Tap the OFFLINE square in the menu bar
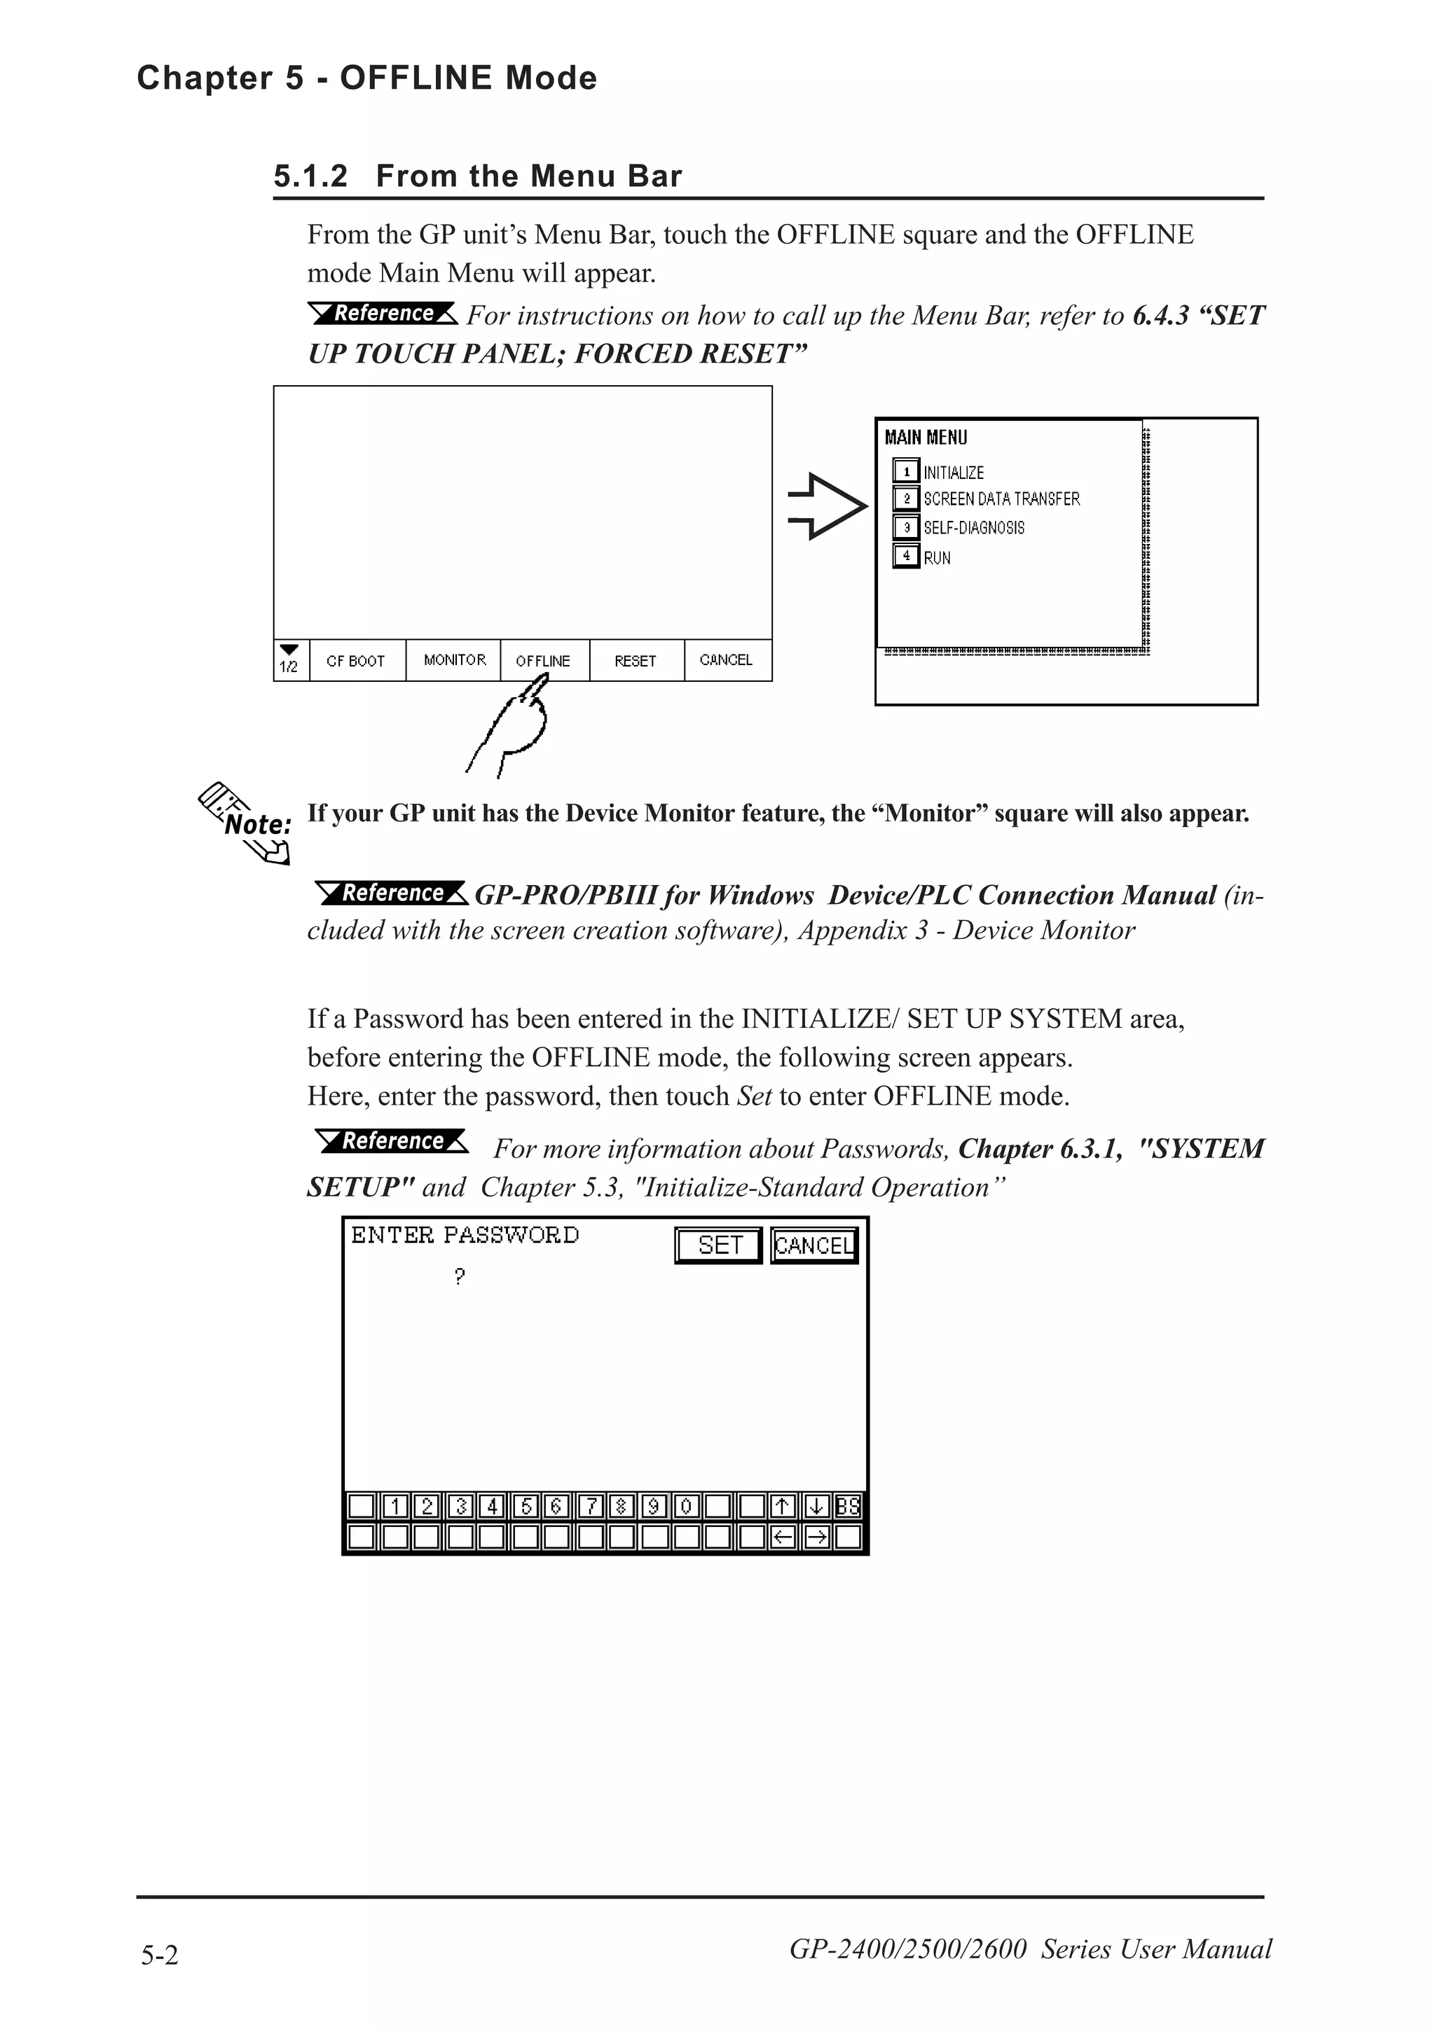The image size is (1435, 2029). pos(544,660)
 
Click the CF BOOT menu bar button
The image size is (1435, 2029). pos(355,660)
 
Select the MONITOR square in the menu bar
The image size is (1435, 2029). pos(455,660)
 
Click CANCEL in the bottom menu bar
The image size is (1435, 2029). pos(726,660)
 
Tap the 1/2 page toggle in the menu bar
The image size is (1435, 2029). pos(289,660)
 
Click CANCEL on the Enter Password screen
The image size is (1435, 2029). pos(813,1246)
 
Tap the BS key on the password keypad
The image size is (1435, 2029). pos(847,1505)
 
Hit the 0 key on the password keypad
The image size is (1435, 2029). pos(686,1505)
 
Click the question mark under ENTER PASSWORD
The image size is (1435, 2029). pos(459,1276)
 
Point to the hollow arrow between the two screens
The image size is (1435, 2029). pos(827,506)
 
